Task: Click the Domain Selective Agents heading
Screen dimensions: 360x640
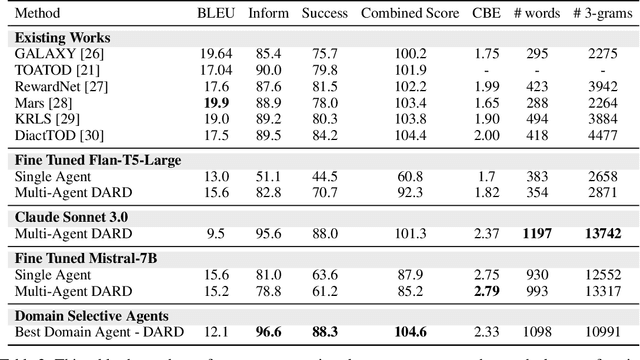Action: (x=87, y=312)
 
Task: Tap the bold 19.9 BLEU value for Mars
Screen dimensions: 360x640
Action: (x=214, y=102)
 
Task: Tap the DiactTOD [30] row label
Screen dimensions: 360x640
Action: (x=55, y=133)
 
